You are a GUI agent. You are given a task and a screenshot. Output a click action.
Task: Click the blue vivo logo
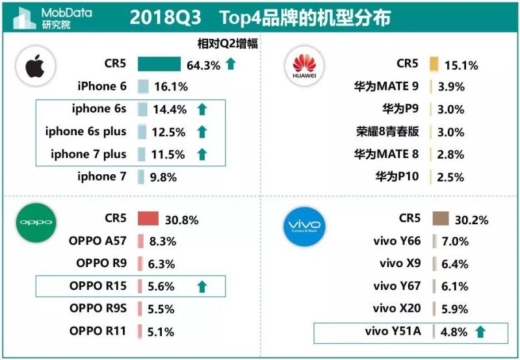pos(304,226)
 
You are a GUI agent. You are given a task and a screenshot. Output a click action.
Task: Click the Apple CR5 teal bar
pos(159,64)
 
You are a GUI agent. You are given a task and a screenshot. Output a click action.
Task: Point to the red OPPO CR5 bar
pos(148,219)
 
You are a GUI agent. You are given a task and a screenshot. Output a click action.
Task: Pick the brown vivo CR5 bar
pos(441,219)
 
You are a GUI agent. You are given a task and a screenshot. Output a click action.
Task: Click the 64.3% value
pos(203,64)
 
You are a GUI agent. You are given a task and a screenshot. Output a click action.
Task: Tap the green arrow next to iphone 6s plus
pos(201,132)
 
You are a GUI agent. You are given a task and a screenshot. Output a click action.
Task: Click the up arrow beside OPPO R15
pos(201,287)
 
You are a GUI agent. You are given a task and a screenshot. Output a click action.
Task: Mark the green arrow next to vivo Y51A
pos(480,332)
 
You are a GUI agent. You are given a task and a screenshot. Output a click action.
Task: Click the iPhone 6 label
pos(102,86)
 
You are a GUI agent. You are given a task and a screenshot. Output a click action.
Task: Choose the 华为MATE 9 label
pos(386,86)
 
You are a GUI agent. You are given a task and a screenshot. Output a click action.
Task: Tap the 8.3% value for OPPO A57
pos(162,242)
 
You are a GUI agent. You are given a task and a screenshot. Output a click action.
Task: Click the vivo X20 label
pos(396,308)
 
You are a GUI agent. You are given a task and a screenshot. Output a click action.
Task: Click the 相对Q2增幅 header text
pos(227,44)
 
